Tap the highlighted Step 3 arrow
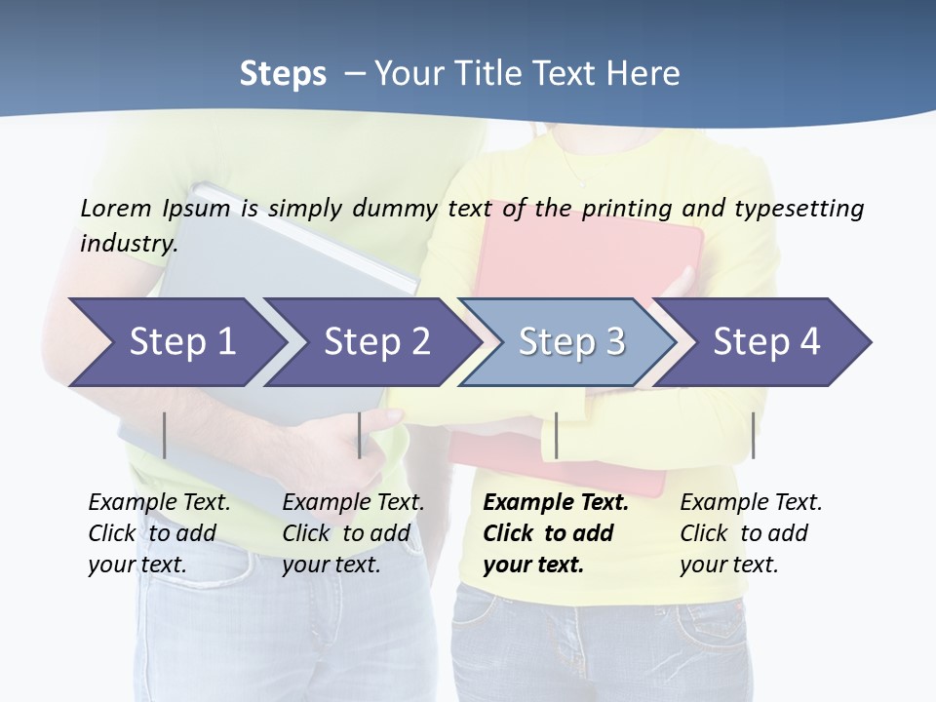tap(570, 342)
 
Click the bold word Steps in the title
tap(283, 74)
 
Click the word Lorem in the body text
tap(116, 208)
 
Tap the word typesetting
tap(799, 208)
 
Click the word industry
tap(129, 243)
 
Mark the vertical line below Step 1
tap(165, 435)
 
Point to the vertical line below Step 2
tap(360, 435)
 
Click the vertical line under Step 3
tap(556, 435)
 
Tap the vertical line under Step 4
tap(753, 435)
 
